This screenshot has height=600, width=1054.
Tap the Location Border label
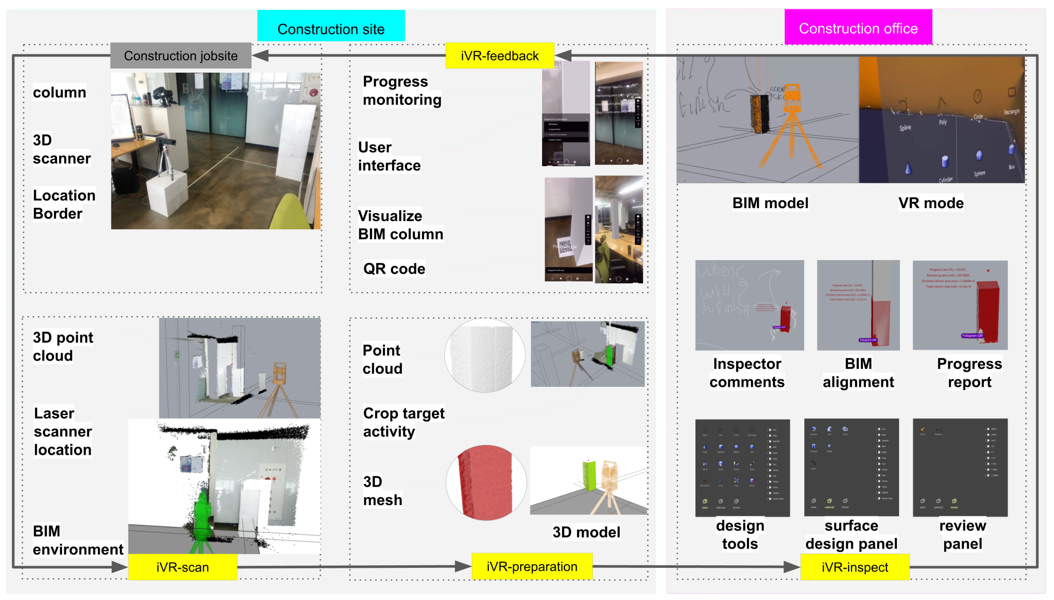[x=64, y=204]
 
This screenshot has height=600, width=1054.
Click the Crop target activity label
[x=403, y=422]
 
